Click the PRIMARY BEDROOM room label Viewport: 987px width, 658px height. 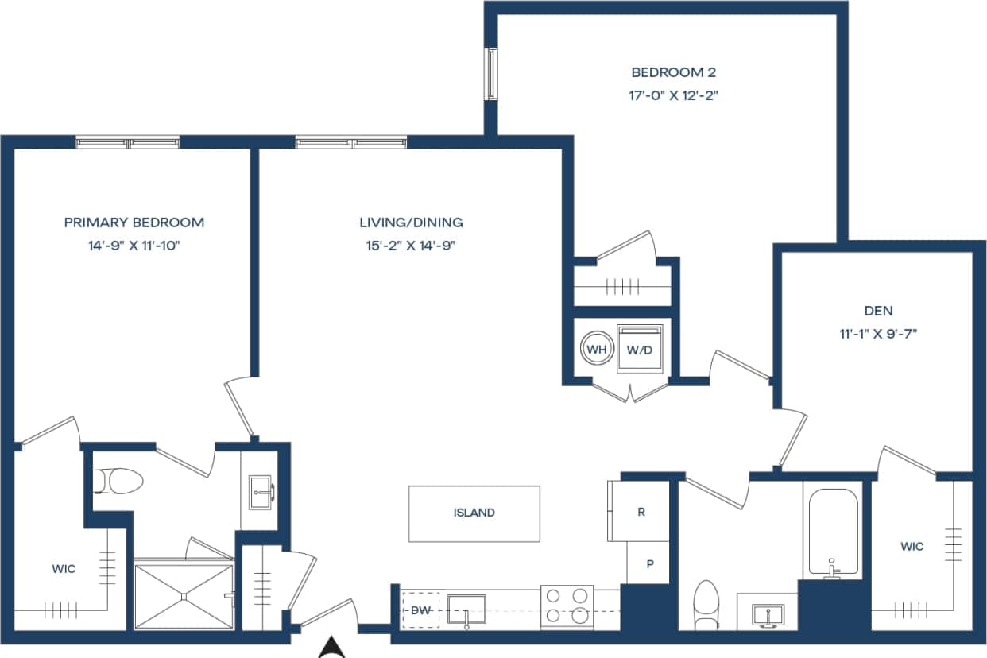[134, 223]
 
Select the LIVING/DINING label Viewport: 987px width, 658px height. [411, 223]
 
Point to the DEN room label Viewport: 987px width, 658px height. [878, 311]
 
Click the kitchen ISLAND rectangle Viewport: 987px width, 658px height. [474, 513]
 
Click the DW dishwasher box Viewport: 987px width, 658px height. [420, 610]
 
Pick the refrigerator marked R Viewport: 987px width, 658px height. [641, 512]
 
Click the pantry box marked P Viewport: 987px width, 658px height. [649, 563]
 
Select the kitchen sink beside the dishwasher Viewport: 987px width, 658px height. [466, 610]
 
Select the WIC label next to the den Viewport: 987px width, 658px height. [912, 547]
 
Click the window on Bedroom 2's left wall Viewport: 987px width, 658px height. [492, 74]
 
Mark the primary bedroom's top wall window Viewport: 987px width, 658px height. [128, 142]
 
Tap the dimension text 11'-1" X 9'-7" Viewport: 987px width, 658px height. [878, 334]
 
